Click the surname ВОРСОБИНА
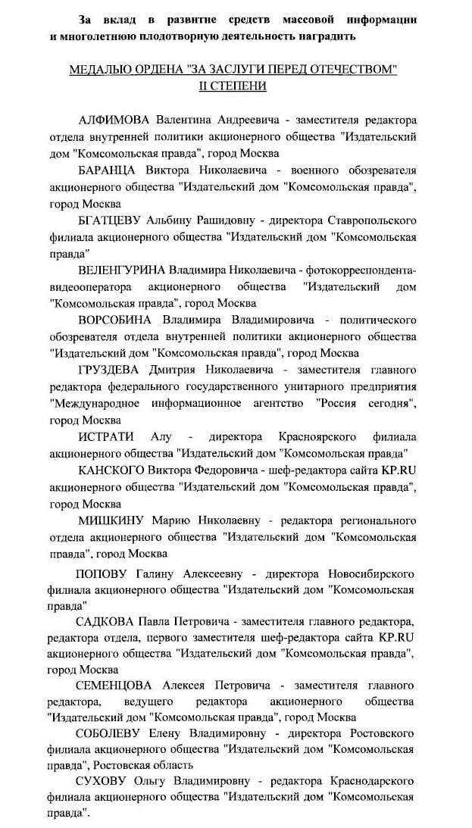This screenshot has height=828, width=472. pos(115,319)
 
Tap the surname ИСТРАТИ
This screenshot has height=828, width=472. pos(106,436)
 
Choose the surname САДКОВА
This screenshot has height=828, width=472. pos(109,621)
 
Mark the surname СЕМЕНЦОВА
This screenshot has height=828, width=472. pos(116,686)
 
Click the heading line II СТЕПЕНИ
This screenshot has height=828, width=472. pos(233,86)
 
